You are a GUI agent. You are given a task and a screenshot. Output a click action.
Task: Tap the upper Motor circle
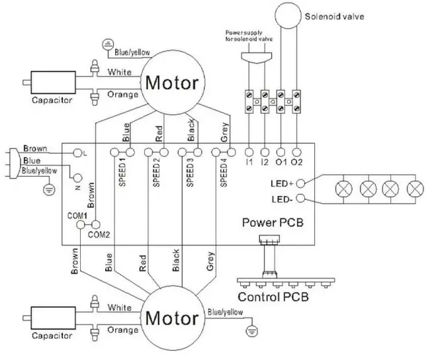tap(171, 83)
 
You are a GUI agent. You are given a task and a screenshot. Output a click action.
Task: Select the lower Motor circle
tap(171, 318)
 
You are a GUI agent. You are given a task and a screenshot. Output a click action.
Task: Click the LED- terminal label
tap(282, 199)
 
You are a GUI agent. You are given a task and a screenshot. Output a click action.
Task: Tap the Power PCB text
tap(273, 222)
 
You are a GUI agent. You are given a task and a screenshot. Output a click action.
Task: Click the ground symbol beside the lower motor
tap(251, 329)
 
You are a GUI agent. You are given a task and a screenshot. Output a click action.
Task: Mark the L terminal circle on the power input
tap(77, 152)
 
